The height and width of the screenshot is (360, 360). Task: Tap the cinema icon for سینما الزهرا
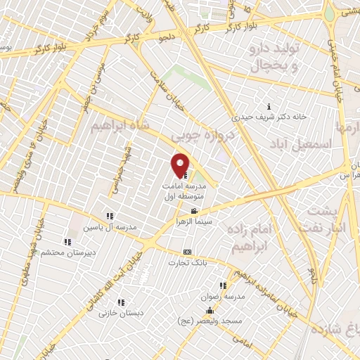coord(194,211)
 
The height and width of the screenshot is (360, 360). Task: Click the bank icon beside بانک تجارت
coord(186,252)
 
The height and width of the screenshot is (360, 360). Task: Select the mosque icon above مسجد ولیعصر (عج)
coord(208,310)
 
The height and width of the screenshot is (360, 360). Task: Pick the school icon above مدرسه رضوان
coord(222,286)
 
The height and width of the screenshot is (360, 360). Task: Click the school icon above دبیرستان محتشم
coord(67,242)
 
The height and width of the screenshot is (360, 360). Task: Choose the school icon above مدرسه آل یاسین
coord(109,217)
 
